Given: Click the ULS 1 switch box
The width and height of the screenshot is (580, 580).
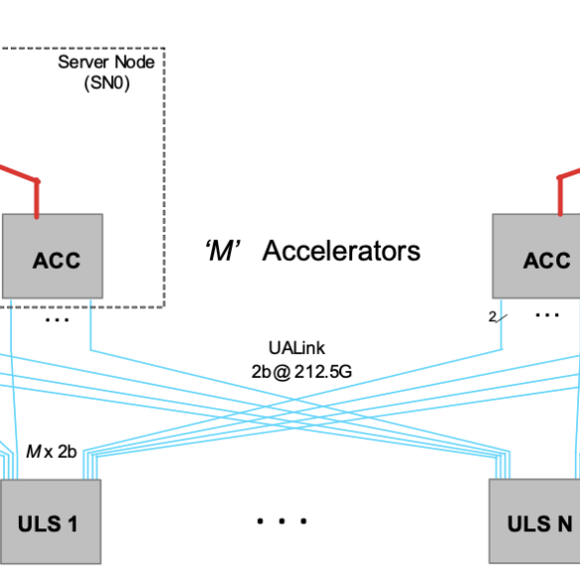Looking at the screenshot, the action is (51, 522).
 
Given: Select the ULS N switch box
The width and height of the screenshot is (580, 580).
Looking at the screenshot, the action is (534, 522).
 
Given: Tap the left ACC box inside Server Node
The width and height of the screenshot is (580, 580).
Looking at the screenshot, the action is (53, 256).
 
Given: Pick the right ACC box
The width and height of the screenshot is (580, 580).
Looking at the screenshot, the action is (536, 256).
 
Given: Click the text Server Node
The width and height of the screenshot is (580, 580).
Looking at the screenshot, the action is (106, 62).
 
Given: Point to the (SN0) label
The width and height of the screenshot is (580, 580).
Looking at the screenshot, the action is (107, 83).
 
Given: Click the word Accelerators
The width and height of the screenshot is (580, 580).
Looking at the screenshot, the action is (341, 251).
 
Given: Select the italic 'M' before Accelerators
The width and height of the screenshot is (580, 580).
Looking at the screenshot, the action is (223, 251).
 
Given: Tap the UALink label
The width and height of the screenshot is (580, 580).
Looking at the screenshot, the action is (296, 348).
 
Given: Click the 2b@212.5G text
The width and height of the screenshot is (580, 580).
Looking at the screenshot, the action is (301, 372).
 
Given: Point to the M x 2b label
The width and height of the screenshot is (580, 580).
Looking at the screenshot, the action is (52, 452).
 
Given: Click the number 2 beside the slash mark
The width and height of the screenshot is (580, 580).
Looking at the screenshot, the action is (493, 316).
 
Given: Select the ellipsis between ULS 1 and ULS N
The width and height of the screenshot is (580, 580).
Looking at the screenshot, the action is (282, 522).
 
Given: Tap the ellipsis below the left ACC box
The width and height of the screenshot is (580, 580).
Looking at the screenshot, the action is (57, 320).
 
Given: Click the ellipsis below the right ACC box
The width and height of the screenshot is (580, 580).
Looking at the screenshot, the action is (547, 315).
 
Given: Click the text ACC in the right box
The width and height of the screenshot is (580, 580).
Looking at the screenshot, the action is (546, 261).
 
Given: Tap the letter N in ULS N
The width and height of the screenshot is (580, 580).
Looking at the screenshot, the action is (565, 524).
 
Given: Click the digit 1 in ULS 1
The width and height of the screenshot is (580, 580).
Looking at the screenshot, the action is (72, 524).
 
